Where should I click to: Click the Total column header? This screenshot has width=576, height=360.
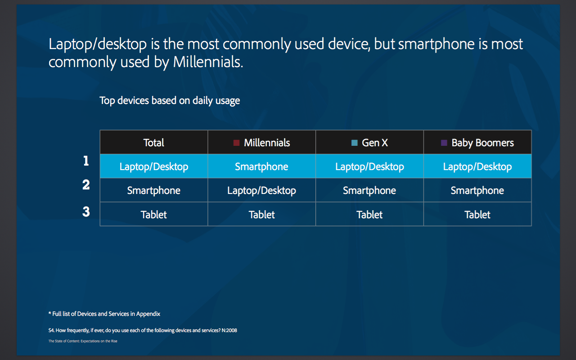point(154,143)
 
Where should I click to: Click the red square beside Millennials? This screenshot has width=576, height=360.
point(236,143)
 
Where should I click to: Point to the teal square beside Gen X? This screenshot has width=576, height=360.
point(354,143)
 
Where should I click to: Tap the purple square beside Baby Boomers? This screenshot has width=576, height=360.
point(444,143)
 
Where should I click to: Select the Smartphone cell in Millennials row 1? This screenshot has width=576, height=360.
point(261,166)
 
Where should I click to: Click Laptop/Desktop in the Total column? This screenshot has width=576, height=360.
point(154,166)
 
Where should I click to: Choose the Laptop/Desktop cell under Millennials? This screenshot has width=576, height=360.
point(261,190)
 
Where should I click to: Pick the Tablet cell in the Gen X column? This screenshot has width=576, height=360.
point(369,215)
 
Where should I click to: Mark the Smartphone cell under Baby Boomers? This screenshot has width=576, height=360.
point(477,190)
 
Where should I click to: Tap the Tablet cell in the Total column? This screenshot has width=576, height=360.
point(154,215)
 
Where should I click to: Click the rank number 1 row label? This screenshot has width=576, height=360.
point(86,161)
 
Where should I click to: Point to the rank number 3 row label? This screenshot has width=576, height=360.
point(86,211)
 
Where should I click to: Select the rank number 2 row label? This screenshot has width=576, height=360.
point(86,184)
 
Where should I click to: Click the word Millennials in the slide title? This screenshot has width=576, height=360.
point(208,62)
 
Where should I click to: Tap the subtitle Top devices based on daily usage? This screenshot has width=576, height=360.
point(170,100)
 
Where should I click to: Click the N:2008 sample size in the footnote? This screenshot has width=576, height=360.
point(229,330)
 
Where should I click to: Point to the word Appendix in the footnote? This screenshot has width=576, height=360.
point(148,314)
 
